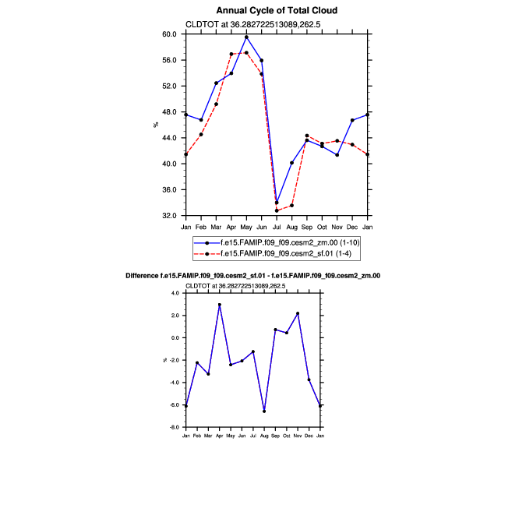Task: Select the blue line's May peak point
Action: click(246, 37)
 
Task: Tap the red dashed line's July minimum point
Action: click(277, 210)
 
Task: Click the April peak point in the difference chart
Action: click(220, 305)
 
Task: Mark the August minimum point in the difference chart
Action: click(264, 411)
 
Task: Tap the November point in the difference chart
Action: click(298, 313)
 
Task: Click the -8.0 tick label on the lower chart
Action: click(175, 428)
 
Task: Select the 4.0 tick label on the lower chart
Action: click(176, 293)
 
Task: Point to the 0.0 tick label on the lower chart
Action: click(176, 338)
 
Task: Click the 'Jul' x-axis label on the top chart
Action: click(277, 227)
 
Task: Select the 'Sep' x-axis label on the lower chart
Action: click(275, 434)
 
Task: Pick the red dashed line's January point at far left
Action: click(185, 154)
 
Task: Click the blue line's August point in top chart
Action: click(291, 163)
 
